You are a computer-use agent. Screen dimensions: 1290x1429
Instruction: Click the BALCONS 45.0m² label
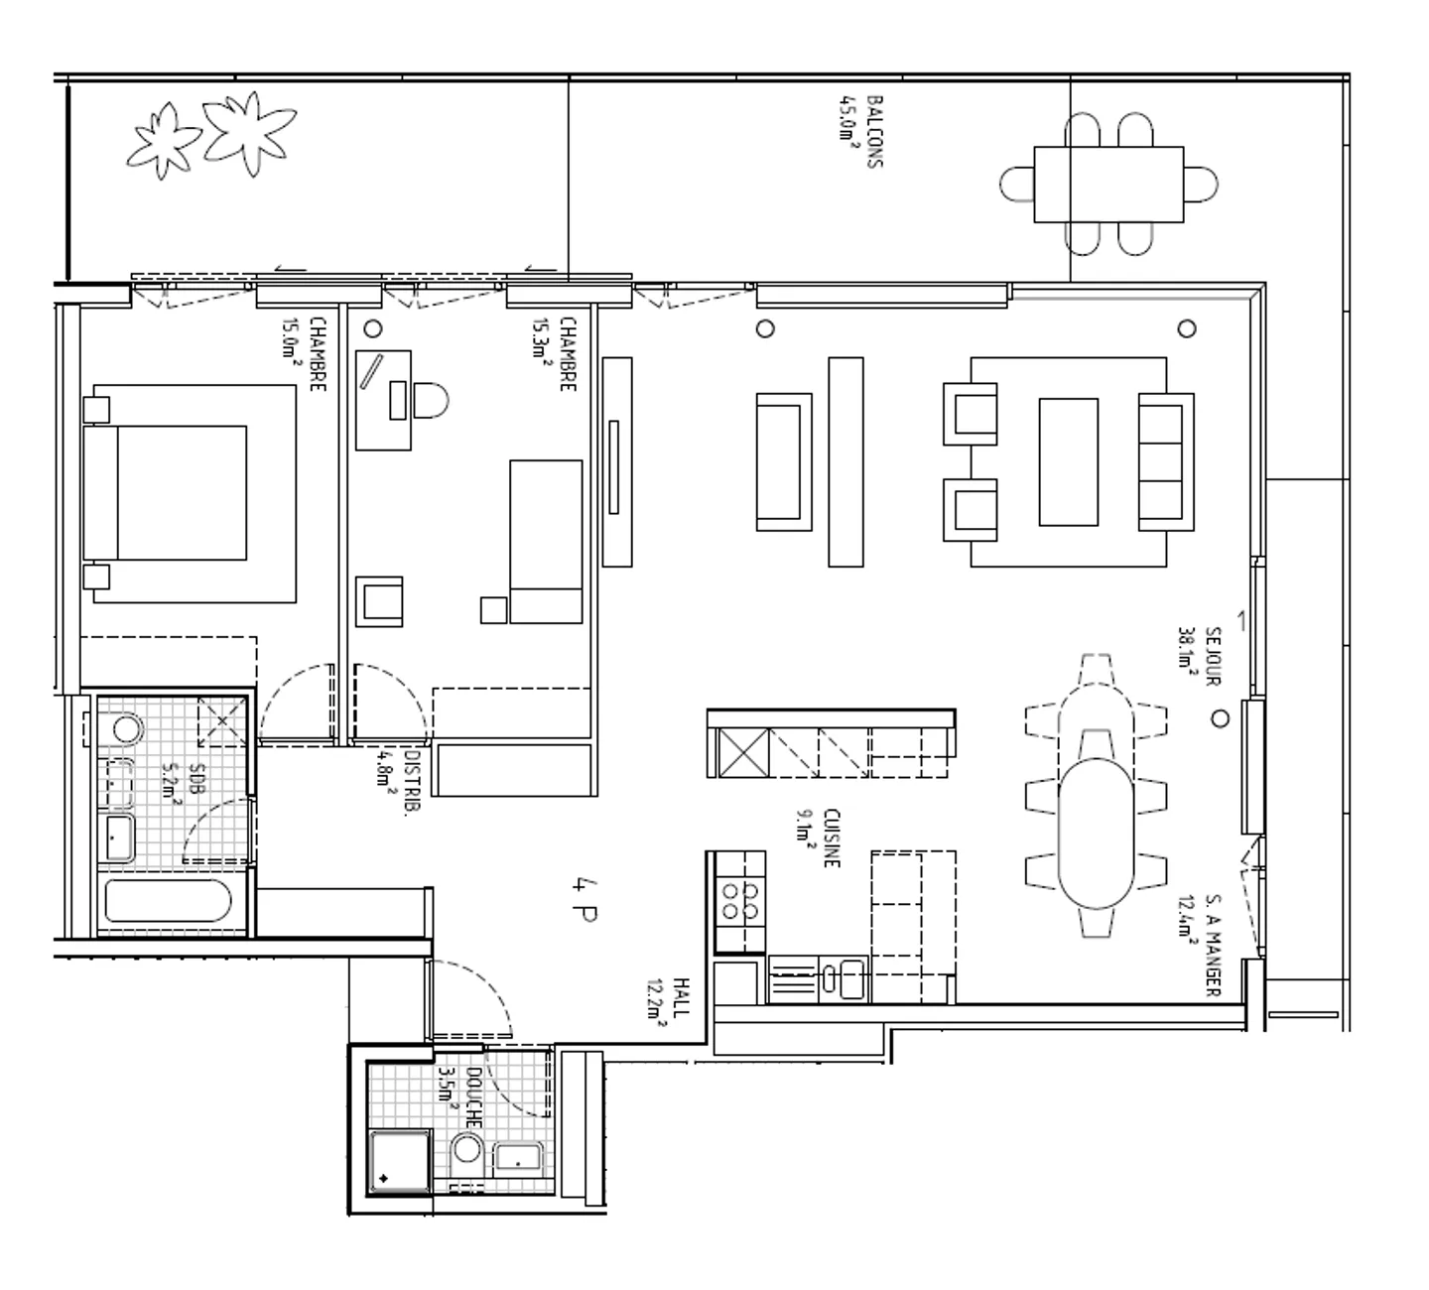point(859,131)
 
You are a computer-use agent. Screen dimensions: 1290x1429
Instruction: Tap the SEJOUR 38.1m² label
point(1200,656)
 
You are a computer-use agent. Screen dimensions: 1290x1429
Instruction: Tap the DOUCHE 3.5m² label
point(460,1097)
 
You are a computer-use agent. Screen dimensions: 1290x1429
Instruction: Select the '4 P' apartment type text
point(585,899)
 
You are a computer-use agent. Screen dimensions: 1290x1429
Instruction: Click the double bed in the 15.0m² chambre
point(166,493)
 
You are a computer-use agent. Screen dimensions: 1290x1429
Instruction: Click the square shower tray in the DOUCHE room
point(399,1161)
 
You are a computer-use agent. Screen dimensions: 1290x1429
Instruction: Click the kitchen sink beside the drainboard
point(849,979)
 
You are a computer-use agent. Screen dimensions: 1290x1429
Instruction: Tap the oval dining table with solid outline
point(1096,833)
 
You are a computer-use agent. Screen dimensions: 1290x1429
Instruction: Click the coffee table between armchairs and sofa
point(1068,461)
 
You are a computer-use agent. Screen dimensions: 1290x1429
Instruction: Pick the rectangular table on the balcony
point(1107,185)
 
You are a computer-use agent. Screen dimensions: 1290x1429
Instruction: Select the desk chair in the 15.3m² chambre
point(430,401)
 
